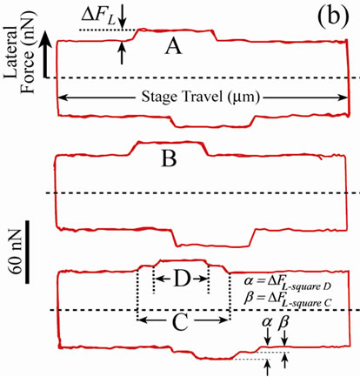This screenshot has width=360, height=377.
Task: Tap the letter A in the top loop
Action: tap(174, 47)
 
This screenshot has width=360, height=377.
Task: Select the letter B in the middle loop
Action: tap(169, 159)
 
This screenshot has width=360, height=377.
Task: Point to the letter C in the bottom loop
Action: tap(180, 322)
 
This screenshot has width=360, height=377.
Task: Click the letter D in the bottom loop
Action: tap(183, 279)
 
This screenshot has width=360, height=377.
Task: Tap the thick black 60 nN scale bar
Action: tap(27, 252)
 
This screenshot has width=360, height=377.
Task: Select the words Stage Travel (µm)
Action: tap(200, 97)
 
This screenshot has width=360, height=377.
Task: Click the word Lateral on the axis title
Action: tap(11, 52)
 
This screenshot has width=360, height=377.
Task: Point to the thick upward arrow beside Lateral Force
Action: tap(45, 54)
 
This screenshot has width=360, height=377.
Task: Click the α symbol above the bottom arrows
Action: tap(267, 322)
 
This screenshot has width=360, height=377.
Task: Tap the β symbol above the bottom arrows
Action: tap(283, 323)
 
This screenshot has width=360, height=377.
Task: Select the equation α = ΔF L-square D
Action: tap(288, 283)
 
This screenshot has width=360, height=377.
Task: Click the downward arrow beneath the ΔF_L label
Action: tap(123, 17)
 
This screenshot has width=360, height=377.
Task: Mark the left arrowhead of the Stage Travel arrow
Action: tap(63, 98)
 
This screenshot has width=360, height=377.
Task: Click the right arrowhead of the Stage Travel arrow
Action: tap(343, 98)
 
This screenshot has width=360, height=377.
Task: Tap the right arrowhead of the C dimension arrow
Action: tap(223, 320)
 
